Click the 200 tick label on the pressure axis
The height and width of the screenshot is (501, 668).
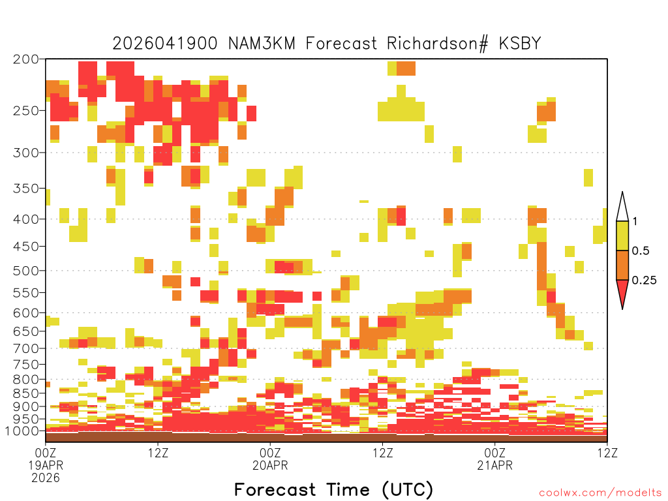tap(26, 59)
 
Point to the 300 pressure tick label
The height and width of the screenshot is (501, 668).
tap(26, 153)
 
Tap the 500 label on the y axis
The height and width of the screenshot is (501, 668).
tap(26, 271)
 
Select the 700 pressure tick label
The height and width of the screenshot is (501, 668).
tap(26, 348)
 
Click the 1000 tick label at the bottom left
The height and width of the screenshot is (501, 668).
tap(22, 431)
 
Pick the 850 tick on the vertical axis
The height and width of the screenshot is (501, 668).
tap(26, 393)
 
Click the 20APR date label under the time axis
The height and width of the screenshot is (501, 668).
tap(270, 465)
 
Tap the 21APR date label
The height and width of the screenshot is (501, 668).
tap(494, 465)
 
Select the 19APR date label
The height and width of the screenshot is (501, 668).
tap(46, 465)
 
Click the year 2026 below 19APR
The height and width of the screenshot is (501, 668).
tap(46, 478)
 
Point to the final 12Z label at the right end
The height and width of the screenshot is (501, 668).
tap(607, 453)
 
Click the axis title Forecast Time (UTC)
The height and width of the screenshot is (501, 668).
tap(333, 490)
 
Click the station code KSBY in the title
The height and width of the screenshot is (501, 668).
tap(520, 44)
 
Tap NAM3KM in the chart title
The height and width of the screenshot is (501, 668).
tap(262, 44)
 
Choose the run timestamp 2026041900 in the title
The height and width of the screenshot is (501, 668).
tap(165, 44)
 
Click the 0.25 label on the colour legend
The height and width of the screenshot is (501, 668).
tap(644, 281)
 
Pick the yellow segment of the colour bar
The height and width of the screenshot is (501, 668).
tap(622, 235)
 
